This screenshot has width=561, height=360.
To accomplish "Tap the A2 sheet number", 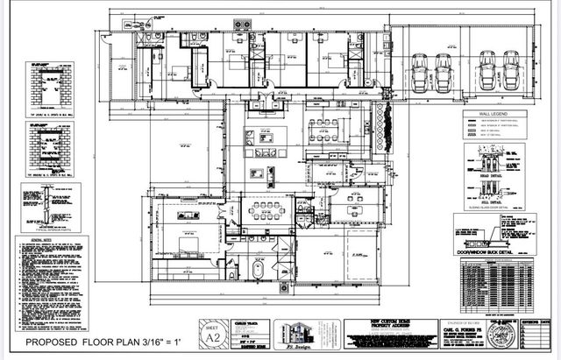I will coord(210,334).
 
